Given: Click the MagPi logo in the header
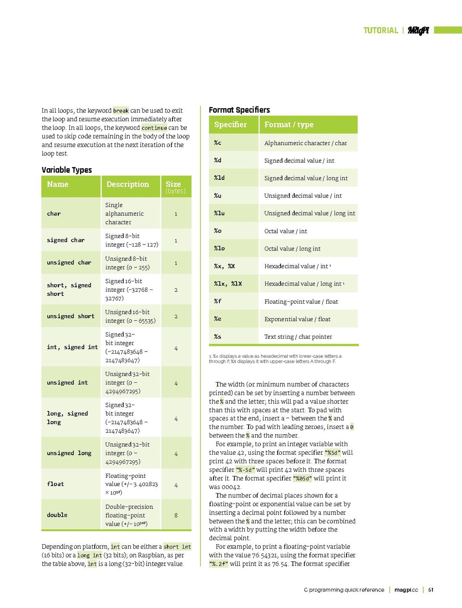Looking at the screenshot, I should point(418,30).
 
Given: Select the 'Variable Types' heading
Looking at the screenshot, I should point(67,170).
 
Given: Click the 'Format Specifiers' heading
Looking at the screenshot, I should point(239,110).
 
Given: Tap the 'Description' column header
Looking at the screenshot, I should point(127,185).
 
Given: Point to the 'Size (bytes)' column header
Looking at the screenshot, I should point(175,187).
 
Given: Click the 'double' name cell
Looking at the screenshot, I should point(57,515).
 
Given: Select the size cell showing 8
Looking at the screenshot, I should point(176,516).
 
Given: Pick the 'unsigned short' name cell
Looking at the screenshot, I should point(71,316).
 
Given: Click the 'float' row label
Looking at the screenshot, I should point(56,484).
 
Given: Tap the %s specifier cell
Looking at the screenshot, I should point(218,337).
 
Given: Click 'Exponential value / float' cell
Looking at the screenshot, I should point(297,319).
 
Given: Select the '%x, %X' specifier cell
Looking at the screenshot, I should point(225,266).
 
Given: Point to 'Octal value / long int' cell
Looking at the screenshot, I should point(292,249).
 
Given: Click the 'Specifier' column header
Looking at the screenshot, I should point(230,125).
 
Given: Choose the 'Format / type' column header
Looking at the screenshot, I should point(289,125).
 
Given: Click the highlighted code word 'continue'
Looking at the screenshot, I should point(154,128).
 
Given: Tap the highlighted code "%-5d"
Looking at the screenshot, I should point(245,470).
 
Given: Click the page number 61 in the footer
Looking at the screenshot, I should point(431,590).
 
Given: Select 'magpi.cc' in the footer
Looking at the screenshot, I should point(406,590).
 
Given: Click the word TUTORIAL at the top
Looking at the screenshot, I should point(381,30).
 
